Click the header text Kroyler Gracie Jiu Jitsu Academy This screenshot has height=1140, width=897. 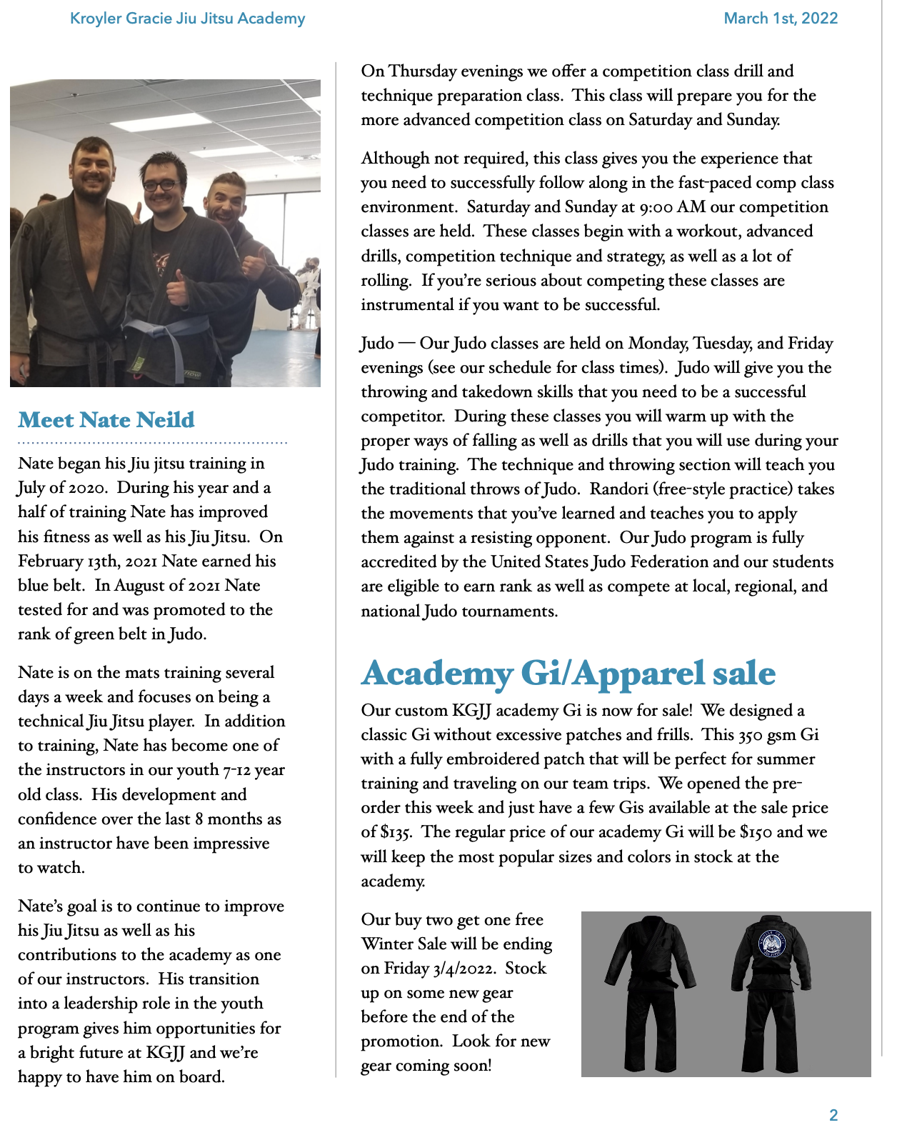[187, 19]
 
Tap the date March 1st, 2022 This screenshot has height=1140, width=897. [781, 19]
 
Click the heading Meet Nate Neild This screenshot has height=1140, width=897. [106, 419]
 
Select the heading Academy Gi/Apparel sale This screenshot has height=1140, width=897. [568, 673]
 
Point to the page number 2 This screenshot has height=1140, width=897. [833, 1115]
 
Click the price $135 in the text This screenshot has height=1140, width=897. [396, 832]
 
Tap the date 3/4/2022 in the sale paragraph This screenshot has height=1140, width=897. [463, 969]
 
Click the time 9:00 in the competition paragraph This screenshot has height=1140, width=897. [656, 207]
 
